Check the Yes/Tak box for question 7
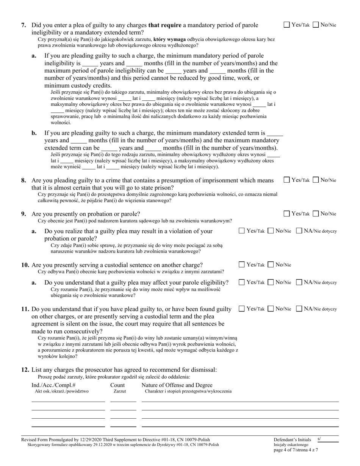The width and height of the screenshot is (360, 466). click(x=287, y=25)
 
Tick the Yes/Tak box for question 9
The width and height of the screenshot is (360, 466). click(x=287, y=214)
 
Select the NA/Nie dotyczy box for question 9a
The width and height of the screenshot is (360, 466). click(x=299, y=231)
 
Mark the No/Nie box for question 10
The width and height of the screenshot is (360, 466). click(x=271, y=265)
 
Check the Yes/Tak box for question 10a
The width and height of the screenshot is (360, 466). click(x=242, y=282)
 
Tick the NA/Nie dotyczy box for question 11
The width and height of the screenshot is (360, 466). click(x=299, y=309)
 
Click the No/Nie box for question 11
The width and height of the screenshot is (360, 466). click(x=271, y=309)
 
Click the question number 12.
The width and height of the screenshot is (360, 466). click(x=25, y=370)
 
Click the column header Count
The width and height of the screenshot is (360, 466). click(x=117, y=385)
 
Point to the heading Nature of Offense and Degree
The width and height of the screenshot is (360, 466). click(x=177, y=385)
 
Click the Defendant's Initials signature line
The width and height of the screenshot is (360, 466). click(x=328, y=440)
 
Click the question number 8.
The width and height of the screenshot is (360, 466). click(x=23, y=181)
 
